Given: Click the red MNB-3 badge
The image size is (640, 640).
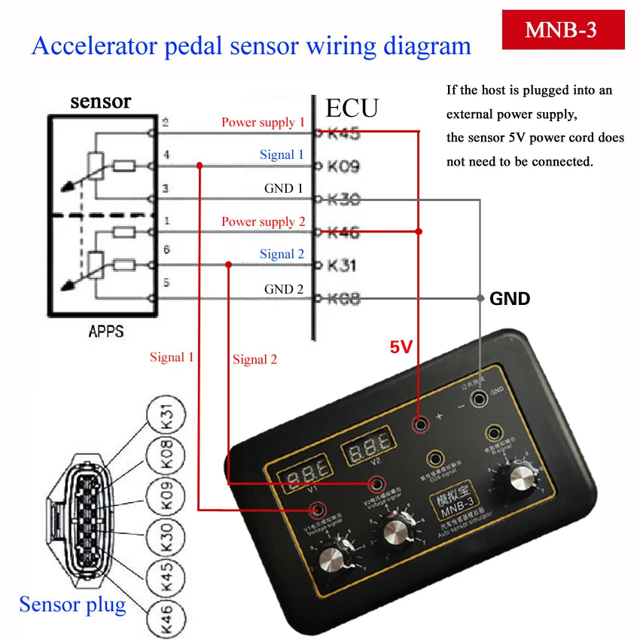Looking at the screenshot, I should (562, 30).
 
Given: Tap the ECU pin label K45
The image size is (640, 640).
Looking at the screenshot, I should (343, 134).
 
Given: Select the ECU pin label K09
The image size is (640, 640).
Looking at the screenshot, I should (343, 166).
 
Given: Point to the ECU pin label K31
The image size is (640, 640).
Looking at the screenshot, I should (343, 266).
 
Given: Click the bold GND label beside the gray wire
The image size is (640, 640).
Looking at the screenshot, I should (510, 299).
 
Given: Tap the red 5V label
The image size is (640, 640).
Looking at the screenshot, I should (401, 347).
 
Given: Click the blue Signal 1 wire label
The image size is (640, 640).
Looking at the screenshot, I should (282, 154).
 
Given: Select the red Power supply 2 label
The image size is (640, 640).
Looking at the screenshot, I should (263, 221).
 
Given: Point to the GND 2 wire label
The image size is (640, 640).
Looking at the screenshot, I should (284, 289).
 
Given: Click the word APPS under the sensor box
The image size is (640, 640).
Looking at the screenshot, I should (105, 331).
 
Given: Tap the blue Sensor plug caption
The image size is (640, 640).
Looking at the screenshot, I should (72, 604).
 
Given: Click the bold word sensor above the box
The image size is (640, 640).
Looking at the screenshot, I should (100, 101).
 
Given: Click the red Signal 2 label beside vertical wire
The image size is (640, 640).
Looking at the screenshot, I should (254, 359).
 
